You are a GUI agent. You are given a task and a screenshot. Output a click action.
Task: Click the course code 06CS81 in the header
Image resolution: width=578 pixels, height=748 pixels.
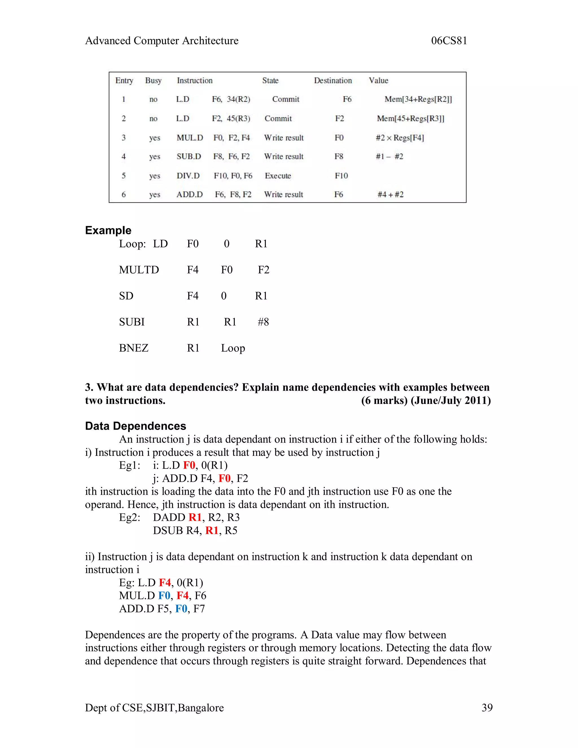coord(449,41)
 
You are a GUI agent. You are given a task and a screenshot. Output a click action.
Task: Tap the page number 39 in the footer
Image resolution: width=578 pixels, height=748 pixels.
coord(487,707)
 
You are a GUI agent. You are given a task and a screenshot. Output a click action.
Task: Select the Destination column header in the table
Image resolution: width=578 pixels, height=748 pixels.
coord(333,80)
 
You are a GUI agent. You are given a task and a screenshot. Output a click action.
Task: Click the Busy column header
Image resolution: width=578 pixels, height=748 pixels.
coord(153,80)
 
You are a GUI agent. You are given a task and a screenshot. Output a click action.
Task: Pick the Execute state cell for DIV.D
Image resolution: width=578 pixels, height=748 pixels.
coord(278,176)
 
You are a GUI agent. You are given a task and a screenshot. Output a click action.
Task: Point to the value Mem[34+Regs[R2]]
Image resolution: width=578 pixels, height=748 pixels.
coord(418,99)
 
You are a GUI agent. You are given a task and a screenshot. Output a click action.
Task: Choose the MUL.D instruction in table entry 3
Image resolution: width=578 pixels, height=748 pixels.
coord(190,138)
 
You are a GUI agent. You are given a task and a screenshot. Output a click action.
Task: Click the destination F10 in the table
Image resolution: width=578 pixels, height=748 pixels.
coord(341,176)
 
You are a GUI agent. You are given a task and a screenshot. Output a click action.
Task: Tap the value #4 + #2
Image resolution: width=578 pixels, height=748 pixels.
coord(390,194)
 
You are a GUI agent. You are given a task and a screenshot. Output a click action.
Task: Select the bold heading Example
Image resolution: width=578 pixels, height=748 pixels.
coord(108,230)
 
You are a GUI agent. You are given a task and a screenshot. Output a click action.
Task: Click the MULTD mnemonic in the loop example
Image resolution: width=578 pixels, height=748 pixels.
coord(139,270)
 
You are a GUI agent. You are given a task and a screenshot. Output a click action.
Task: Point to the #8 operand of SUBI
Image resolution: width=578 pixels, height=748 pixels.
coord(263,322)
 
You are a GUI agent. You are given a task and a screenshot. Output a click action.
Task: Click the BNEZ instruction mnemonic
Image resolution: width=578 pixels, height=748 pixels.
coord(133,348)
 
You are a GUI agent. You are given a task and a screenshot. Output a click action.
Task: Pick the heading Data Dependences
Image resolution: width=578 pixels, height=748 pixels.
coord(135,426)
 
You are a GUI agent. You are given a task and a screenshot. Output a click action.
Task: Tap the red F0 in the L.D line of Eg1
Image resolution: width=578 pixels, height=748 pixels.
coord(189,465)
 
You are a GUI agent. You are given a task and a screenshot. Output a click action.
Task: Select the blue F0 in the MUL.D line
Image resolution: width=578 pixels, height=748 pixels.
coord(164,596)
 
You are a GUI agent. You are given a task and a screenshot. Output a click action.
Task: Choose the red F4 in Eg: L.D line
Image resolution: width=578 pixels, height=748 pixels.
coord(165,583)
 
